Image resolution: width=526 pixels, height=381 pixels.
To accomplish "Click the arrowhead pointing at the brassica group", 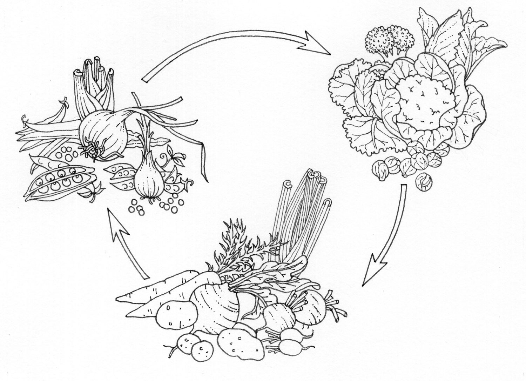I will click(317, 44).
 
